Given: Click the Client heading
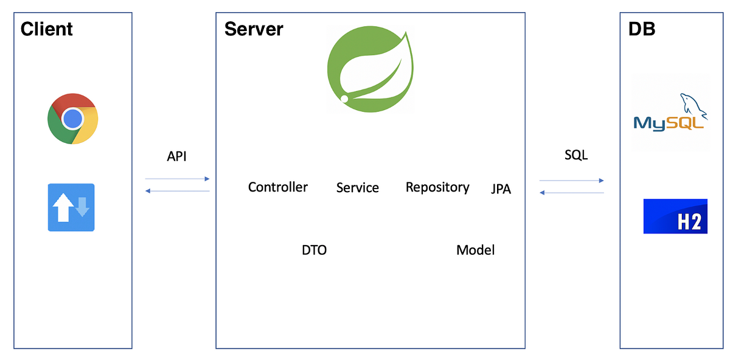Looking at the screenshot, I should [47, 29].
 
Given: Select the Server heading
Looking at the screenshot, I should [254, 29].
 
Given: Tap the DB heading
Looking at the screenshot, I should [642, 29].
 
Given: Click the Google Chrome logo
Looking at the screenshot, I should [73, 119].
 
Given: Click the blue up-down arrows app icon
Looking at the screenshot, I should [71, 207].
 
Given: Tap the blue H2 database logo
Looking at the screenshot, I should [675, 216].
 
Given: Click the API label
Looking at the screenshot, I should [176, 156].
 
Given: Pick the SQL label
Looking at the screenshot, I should [576, 155].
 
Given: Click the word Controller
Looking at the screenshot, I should [278, 187].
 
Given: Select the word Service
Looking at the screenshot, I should [358, 188].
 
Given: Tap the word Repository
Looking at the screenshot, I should [437, 187].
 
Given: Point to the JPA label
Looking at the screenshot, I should [501, 190].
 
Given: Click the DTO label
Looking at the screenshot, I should [314, 250].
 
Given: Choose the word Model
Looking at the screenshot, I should [475, 250].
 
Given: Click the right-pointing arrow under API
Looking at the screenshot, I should [177, 179].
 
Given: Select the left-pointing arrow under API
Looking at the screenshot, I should [177, 191].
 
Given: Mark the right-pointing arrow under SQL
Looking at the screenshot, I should [571, 181].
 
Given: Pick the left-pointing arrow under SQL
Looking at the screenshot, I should [571, 193].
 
